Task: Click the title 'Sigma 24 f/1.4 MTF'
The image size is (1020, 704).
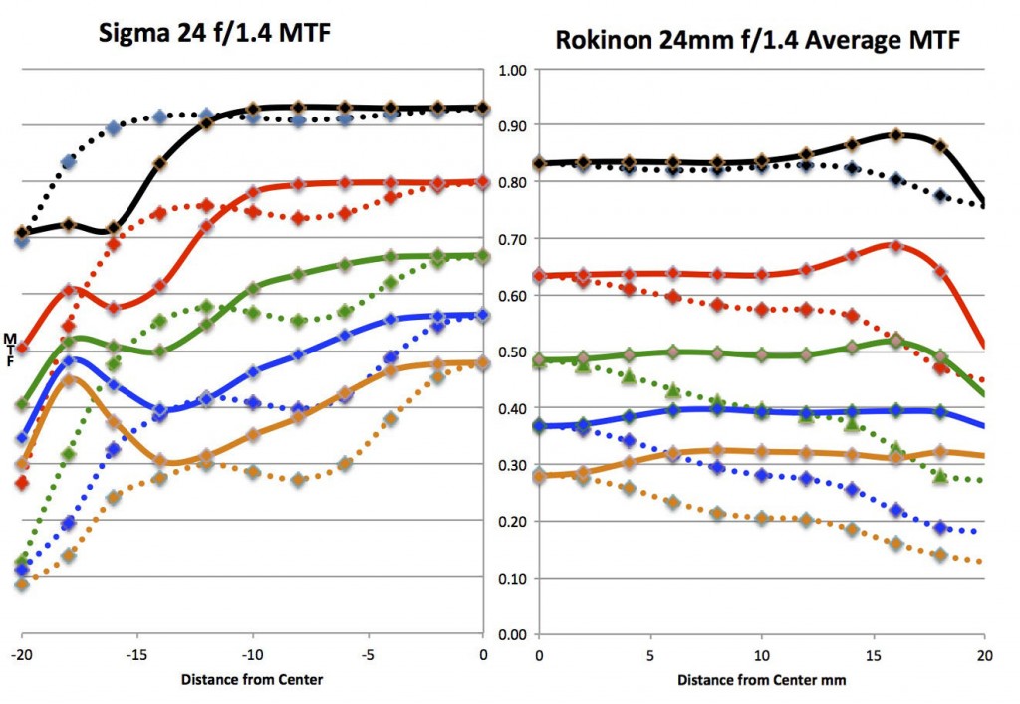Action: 213,33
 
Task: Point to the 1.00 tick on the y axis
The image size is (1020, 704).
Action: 509,70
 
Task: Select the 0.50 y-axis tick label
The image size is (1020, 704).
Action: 509,352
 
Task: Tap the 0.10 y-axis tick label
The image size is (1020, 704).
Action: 509,578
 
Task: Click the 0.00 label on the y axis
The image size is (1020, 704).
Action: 509,634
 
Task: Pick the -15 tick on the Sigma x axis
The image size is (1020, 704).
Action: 136,655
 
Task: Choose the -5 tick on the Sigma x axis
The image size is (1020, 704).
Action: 367,655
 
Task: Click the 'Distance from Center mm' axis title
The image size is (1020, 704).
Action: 760,681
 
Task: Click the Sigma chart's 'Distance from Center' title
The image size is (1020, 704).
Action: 252,681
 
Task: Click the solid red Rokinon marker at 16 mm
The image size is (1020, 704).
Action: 895,246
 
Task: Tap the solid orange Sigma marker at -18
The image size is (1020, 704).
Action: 68,379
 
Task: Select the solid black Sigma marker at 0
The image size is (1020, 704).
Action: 483,108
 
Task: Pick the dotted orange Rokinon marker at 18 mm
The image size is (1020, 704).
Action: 940,554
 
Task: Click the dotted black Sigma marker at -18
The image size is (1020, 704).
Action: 68,162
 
